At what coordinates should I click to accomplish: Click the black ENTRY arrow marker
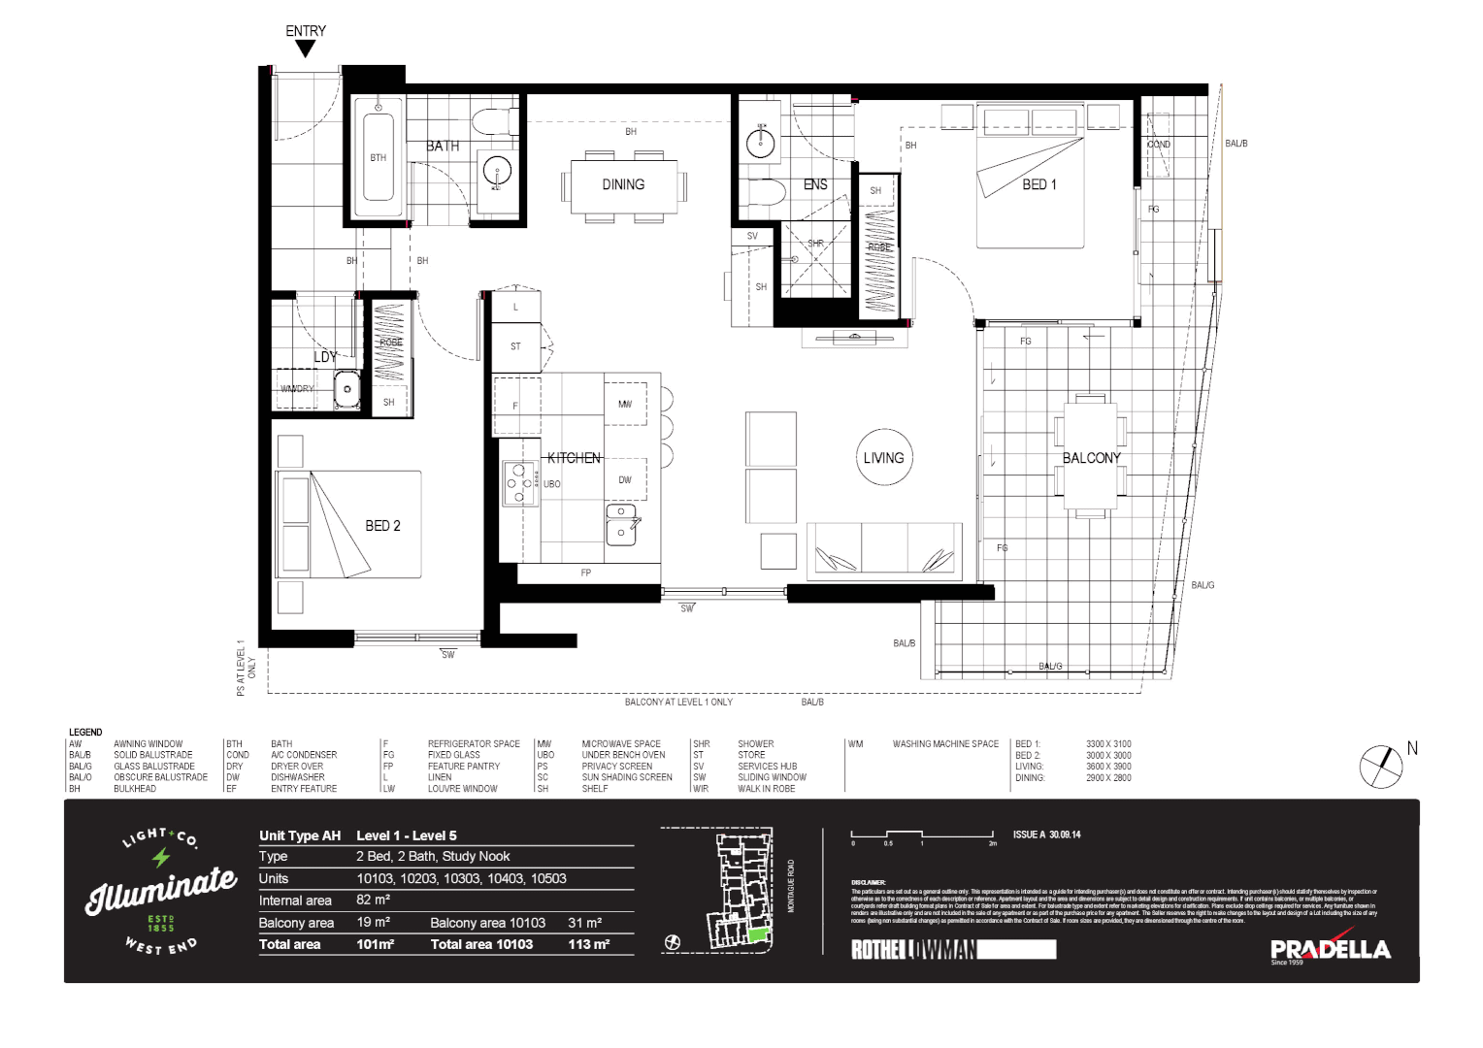coord(305,49)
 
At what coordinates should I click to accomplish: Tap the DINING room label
coord(623,184)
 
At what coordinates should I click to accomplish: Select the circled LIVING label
coord(883,458)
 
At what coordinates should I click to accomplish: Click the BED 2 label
coord(382,526)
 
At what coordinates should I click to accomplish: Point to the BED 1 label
coord(1039,184)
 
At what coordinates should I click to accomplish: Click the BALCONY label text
coord(1091,458)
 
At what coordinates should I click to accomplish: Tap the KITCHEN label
coord(574,458)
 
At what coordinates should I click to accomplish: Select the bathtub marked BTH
coord(378,160)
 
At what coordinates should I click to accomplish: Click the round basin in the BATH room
coord(497,172)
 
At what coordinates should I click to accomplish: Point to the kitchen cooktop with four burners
coord(519,483)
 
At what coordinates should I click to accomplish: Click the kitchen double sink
coord(621,524)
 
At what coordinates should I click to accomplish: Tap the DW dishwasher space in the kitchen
coord(625,479)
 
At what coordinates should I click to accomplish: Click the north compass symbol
coord(1381,767)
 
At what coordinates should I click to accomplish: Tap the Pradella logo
coord(1330,950)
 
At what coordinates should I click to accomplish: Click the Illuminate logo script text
coord(161,890)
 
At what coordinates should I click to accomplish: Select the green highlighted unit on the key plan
coord(756,935)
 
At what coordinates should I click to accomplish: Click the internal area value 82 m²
coord(373,900)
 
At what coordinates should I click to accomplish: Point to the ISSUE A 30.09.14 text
coord(1046,835)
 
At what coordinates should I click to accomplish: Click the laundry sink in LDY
coord(346,390)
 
